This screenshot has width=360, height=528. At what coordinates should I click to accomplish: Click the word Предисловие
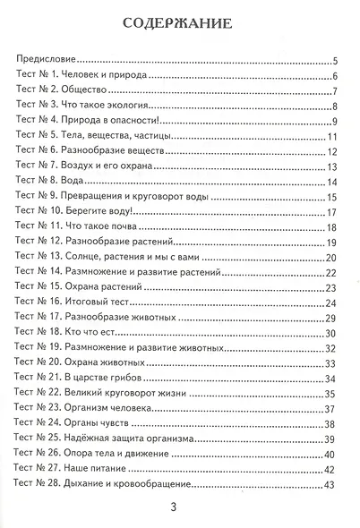(x=47, y=62)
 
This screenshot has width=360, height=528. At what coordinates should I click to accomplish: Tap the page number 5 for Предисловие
(x=332, y=62)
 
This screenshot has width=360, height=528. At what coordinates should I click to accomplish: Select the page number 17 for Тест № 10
(x=330, y=212)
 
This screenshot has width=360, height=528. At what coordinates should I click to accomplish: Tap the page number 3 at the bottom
(x=180, y=507)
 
